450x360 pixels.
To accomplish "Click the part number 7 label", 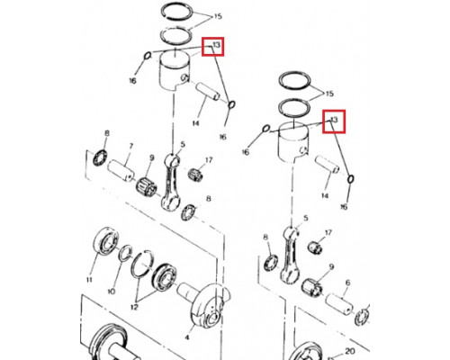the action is (x=130, y=146).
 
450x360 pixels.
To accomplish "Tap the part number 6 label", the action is (x=347, y=283).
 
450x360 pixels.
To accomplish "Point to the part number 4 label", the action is (x=187, y=337).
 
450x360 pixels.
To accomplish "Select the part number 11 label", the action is (x=89, y=280).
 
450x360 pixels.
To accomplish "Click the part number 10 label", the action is (x=111, y=292).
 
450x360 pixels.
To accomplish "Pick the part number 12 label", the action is (x=134, y=307).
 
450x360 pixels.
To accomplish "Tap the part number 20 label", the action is (x=350, y=351).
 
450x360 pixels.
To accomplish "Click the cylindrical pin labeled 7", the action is (x=121, y=171).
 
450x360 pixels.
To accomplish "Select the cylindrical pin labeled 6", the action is (x=339, y=304).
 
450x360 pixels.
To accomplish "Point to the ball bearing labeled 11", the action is (x=105, y=241).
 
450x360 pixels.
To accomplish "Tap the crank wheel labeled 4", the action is (x=210, y=306).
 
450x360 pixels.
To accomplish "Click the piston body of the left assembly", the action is (x=175, y=69).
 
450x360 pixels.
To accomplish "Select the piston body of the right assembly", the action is (x=293, y=142).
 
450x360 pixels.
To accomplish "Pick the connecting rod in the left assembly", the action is (x=171, y=182).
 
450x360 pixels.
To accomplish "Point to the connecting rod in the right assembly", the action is (x=290, y=255).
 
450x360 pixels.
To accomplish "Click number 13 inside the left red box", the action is (x=216, y=45).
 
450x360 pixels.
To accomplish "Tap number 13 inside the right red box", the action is (x=334, y=120).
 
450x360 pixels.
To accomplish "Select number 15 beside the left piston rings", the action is (x=218, y=16).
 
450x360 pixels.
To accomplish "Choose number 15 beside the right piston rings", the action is (x=329, y=94).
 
